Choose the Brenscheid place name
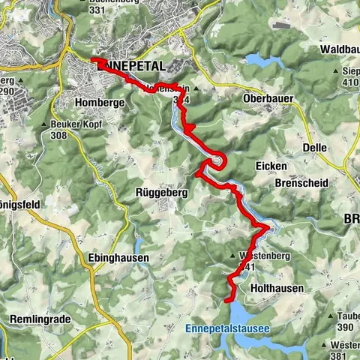(297, 182)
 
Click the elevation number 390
(345, 328)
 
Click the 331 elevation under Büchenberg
(96, 10)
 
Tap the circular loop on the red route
(217, 160)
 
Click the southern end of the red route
(226, 300)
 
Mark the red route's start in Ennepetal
(93, 60)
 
